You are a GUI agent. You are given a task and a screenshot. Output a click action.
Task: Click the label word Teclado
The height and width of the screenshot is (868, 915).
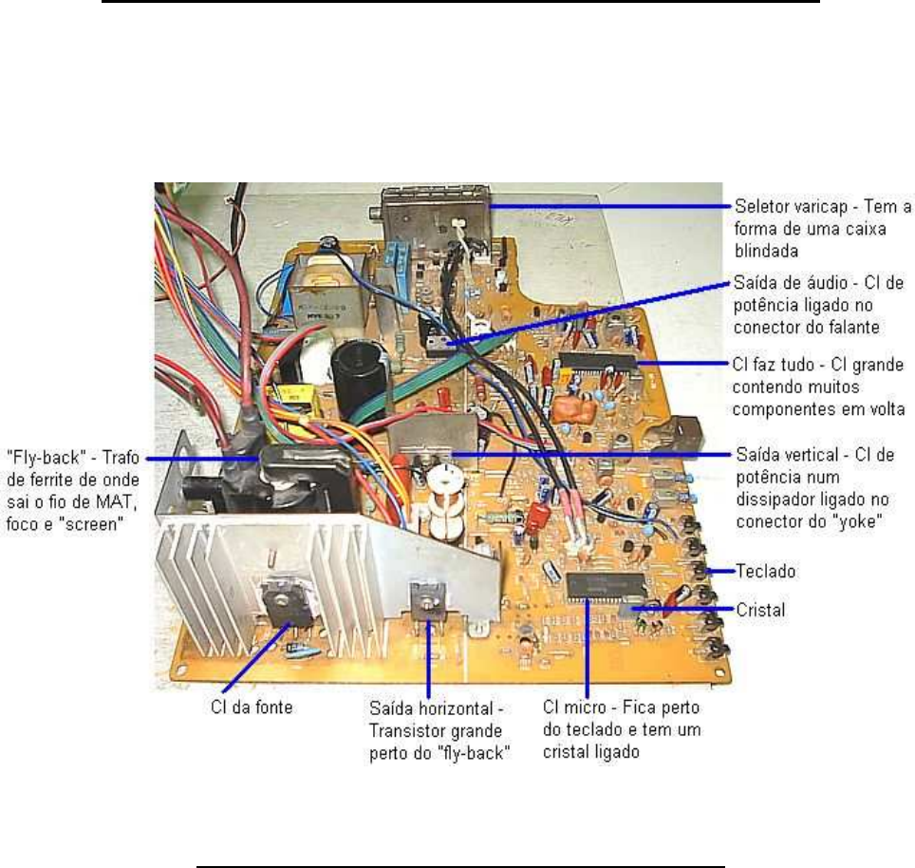(765, 571)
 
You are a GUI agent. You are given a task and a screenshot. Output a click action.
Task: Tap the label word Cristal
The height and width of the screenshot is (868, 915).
(760, 610)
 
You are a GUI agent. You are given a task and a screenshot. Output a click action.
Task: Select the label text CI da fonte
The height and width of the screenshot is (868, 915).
(252, 707)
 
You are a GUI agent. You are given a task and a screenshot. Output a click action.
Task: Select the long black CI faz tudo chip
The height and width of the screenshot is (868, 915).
(598, 361)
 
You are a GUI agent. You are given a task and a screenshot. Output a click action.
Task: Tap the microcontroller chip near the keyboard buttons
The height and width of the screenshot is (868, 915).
(607, 586)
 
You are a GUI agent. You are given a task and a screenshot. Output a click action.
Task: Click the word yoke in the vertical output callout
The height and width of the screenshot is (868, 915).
(856, 520)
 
